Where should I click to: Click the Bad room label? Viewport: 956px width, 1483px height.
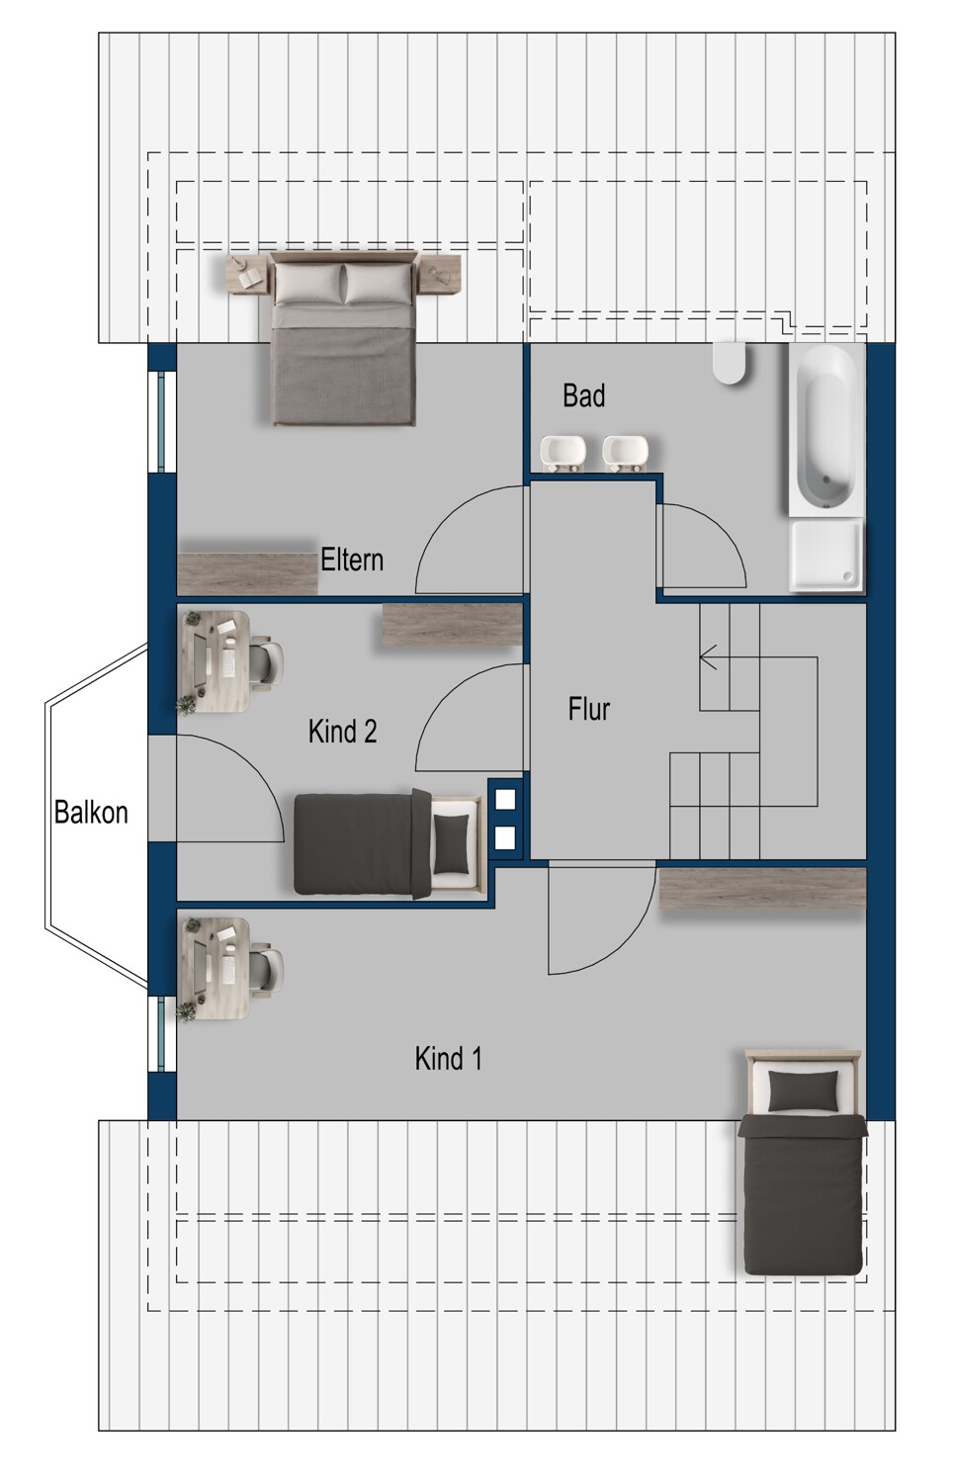point(583,395)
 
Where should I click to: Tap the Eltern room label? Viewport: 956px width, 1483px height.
point(352,561)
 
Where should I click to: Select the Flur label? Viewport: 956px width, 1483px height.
point(588,709)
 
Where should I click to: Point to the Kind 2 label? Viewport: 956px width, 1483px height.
point(342,732)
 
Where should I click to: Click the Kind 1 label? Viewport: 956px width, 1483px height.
point(448,1059)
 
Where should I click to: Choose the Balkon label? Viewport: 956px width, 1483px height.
point(91,813)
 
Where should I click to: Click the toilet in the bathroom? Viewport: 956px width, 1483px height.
point(730,362)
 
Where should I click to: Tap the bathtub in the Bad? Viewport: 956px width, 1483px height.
point(826,429)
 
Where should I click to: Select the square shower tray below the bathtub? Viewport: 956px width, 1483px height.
point(826,555)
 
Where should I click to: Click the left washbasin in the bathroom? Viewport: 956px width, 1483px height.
point(564,453)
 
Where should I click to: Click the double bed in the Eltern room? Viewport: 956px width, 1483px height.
point(344,338)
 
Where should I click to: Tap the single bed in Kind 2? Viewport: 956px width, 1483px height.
point(390,843)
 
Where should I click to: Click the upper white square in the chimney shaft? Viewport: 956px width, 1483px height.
point(505,799)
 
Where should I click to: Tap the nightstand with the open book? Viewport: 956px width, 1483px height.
point(249,275)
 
